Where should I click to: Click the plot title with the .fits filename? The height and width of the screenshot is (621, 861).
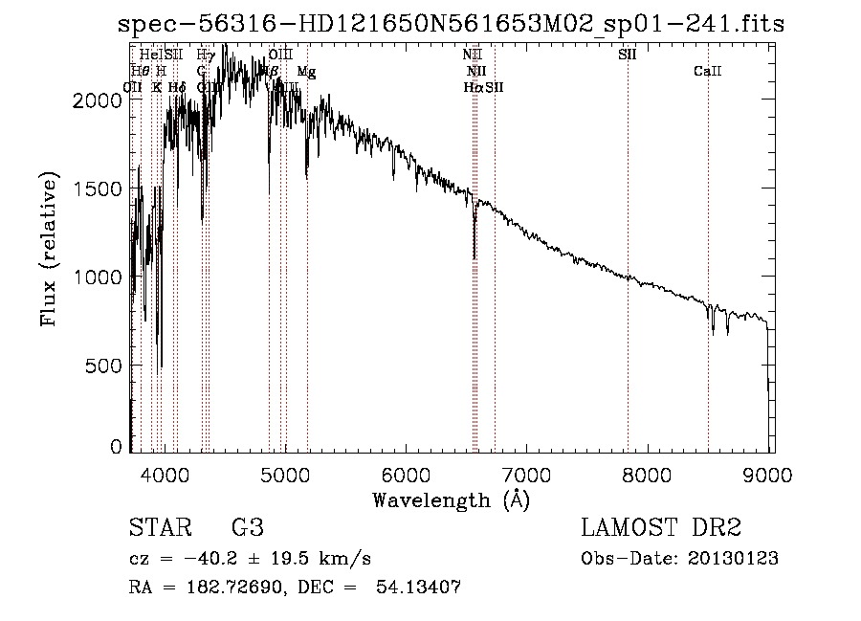coord(450,24)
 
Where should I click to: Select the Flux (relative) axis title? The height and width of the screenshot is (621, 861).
coord(48,251)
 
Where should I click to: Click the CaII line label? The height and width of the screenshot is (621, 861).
coord(708,72)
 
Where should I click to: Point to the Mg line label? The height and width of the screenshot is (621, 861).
coord(305,72)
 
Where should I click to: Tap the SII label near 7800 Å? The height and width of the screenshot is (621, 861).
coord(628,55)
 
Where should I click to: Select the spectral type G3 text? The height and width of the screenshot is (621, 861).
coord(248,527)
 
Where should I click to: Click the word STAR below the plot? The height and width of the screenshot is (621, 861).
coord(158,527)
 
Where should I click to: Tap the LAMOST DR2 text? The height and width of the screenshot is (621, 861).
coord(661,527)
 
